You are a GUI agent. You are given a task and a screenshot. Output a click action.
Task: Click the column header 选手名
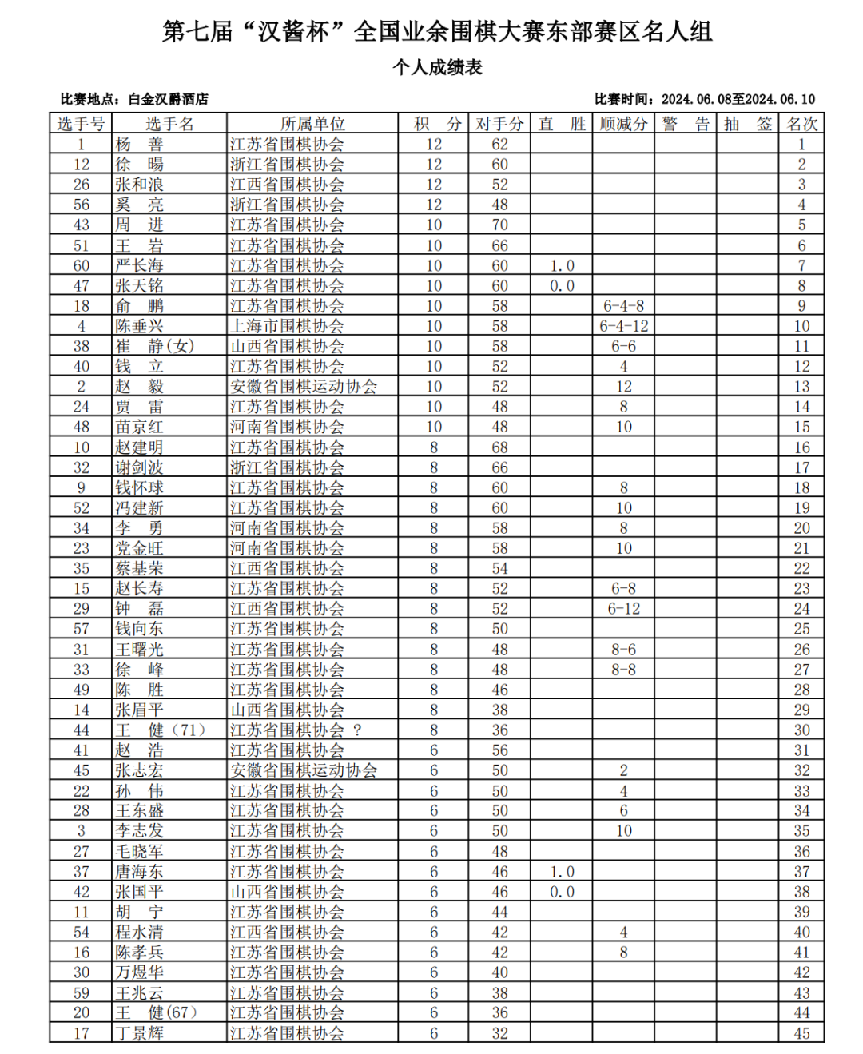[x=169, y=124]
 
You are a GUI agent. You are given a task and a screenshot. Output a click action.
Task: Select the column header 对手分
[x=499, y=124]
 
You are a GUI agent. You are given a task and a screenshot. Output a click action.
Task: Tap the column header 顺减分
[x=623, y=124]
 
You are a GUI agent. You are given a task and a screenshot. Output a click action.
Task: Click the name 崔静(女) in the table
[x=154, y=346]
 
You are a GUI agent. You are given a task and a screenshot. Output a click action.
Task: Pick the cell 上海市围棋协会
[x=287, y=326]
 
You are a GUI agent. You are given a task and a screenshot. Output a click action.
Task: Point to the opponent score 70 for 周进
[x=499, y=225]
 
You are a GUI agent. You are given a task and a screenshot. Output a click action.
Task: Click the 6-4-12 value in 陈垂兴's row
[x=624, y=326]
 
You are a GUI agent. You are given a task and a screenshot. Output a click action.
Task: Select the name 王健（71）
[x=160, y=730]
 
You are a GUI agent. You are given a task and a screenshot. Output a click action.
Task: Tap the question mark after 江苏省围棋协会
[x=357, y=730]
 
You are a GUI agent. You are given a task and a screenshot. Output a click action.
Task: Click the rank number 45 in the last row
[x=801, y=1033]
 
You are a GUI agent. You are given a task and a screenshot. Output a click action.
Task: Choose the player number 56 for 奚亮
[x=82, y=205]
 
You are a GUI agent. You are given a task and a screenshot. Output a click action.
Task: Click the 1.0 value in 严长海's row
[x=562, y=265]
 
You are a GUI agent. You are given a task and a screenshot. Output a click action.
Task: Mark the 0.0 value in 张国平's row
[x=562, y=892]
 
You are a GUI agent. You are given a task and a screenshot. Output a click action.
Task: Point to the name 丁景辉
[x=139, y=1033]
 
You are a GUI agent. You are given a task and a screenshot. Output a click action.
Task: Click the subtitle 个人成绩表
[x=437, y=67]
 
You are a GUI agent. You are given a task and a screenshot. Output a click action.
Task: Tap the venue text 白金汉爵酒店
[x=169, y=99]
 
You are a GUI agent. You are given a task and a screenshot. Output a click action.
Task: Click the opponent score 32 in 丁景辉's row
[x=499, y=1033]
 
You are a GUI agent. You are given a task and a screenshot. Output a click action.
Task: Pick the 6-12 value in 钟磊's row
[x=624, y=609]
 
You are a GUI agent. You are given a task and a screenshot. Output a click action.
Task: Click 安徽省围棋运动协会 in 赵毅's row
[x=304, y=387]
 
